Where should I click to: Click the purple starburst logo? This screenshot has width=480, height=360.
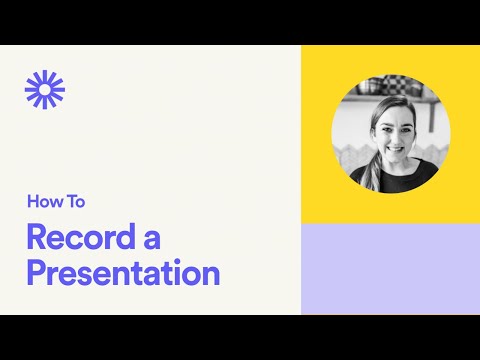[45, 89]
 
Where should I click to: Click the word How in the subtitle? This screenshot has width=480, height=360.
[42, 202]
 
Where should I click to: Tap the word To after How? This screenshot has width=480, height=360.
[74, 202]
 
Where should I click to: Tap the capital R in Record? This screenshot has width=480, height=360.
[37, 238]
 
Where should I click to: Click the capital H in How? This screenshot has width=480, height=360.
[32, 202]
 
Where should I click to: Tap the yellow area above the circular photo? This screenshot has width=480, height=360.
[390, 58]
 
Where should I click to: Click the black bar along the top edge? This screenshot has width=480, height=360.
[240, 22]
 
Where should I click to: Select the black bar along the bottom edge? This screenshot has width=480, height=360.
[240, 337]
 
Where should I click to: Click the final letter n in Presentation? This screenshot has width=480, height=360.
[210, 274]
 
